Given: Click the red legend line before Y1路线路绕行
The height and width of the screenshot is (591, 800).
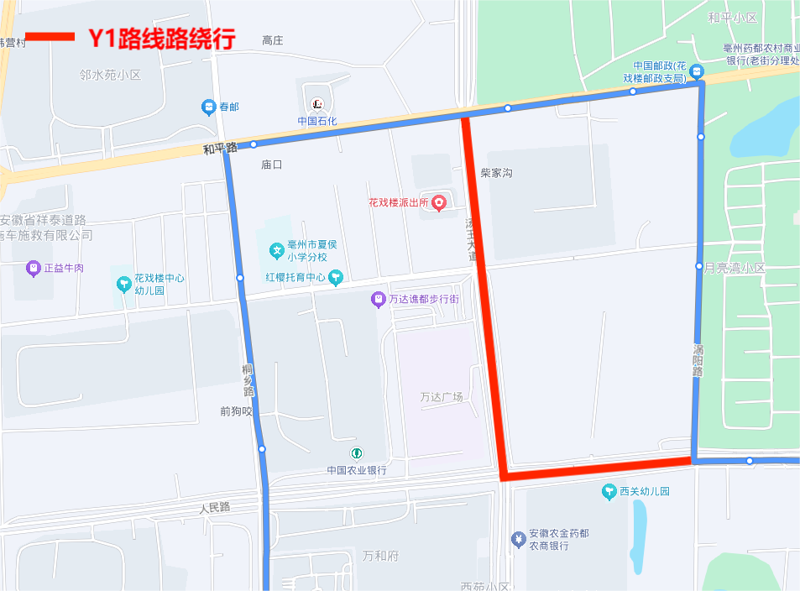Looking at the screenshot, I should click(49, 37).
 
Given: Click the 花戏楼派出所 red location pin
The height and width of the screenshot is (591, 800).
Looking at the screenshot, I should click(438, 203).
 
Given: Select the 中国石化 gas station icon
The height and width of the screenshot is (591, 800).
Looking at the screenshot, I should click(317, 104).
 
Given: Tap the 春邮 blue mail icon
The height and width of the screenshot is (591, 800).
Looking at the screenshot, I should click(208, 107).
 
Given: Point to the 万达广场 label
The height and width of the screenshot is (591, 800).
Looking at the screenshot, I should click(442, 397).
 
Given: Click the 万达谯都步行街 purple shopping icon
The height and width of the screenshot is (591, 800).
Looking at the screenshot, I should click(379, 299).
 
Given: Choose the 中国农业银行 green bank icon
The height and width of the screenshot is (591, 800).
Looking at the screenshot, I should click(357, 454).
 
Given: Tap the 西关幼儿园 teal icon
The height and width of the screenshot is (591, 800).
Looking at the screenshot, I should click(609, 492).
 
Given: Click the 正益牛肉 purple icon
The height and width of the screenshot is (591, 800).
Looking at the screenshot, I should click(33, 269).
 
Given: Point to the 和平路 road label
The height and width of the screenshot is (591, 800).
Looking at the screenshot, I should click(220, 149).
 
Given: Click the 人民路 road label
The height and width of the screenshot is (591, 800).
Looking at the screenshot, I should click(214, 508).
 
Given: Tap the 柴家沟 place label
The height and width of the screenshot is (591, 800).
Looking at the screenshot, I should click(496, 173).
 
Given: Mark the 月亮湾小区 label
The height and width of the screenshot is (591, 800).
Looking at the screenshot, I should click(735, 268).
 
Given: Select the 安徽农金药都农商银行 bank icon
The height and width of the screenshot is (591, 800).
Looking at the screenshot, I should click(519, 538).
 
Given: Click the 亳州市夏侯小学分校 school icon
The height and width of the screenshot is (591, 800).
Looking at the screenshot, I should click(275, 249).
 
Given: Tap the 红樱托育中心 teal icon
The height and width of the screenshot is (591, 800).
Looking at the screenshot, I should click(336, 276).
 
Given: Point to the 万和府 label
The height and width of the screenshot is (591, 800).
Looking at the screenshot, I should click(379, 556).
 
